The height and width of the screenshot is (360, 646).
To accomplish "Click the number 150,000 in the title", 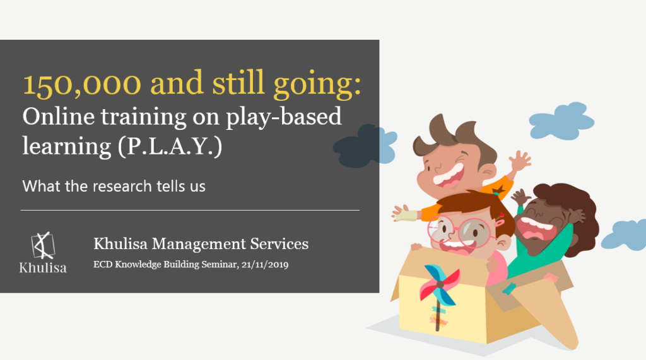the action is pyautogui.click(x=81, y=84).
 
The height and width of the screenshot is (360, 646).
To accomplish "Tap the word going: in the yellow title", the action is pyautogui.click(x=317, y=85).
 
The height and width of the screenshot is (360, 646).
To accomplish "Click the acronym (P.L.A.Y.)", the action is pyautogui.click(x=170, y=146).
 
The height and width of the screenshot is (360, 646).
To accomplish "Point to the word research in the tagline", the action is pyautogui.click(x=122, y=186).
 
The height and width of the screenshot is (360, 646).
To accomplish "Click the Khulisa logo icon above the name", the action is pyautogui.click(x=43, y=245).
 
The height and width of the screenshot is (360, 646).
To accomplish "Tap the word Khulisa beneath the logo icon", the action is pyautogui.click(x=43, y=268).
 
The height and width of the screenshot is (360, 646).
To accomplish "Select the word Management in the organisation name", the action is pyautogui.click(x=199, y=244).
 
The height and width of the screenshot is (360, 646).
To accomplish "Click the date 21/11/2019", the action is pyautogui.click(x=265, y=264).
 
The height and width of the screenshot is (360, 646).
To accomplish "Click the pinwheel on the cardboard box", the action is pyautogui.click(x=439, y=288).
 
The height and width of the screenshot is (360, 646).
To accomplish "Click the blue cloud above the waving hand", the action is pyautogui.click(x=561, y=120).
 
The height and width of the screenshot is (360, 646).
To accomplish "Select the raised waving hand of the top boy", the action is pyautogui.click(x=520, y=161).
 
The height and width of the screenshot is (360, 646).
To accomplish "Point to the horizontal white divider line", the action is pyautogui.click(x=190, y=210).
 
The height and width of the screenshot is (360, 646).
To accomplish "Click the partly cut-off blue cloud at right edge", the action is pyautogui.click(x=624, y=235).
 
